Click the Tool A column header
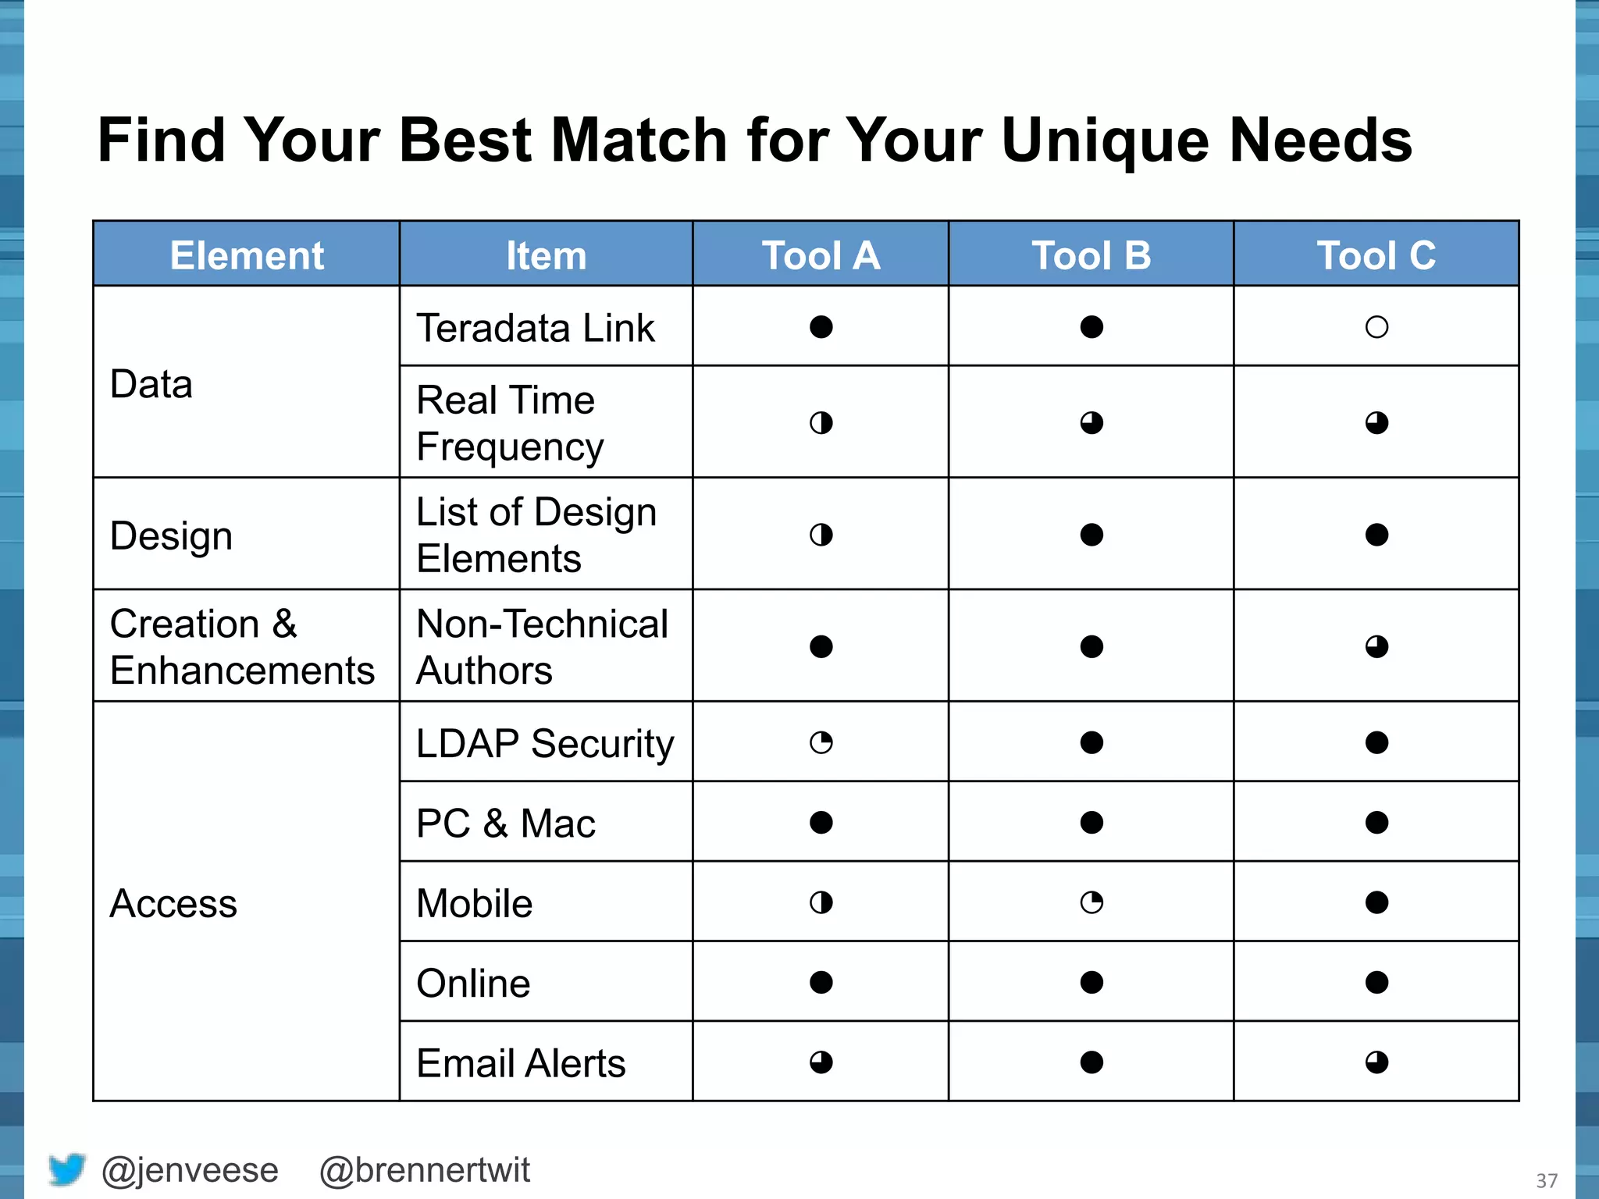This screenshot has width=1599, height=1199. [821, 255]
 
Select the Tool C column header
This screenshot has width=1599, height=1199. [1376, 255]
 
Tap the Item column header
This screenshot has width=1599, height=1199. [546, 255]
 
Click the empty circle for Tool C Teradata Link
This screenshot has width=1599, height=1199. [1376, 327]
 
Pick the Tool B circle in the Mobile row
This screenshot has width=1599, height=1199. [1092, 903]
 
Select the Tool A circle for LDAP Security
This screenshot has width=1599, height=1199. [821, 742]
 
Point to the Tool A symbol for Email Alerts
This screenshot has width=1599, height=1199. [821, 1062]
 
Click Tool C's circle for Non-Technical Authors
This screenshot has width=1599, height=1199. [1376, 647]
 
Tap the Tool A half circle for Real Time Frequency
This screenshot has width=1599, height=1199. [821, 423]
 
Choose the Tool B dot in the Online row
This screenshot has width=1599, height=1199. [1092, 982]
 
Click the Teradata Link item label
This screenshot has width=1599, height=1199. [536, 328]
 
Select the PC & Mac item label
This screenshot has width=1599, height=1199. [506, 824]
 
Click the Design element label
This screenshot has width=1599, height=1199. [172, 536]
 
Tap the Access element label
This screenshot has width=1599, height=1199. [173, 904]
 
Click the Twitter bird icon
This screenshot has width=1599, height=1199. [67, 1169]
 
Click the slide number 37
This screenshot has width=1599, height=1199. [1547, 1180]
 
